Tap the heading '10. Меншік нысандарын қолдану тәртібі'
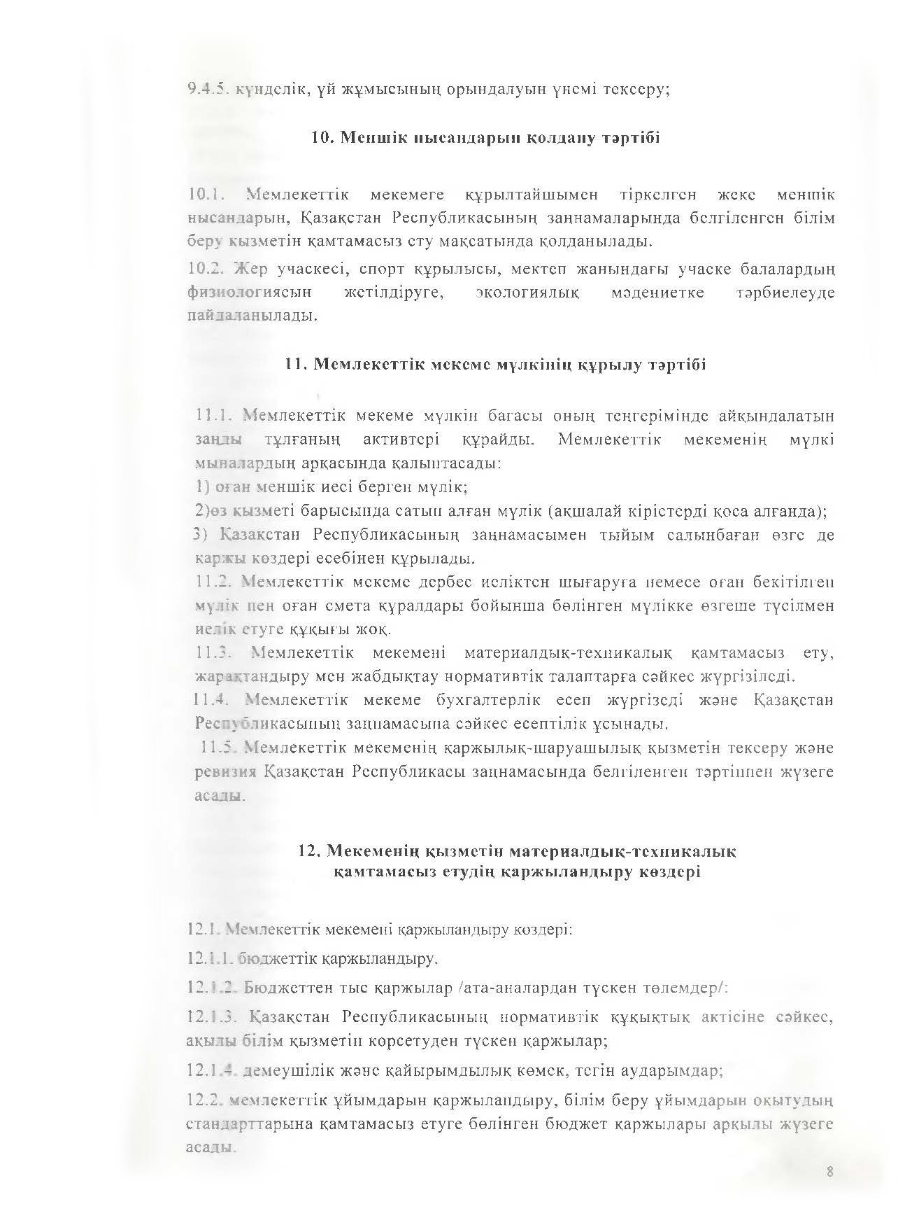tap(485, 138)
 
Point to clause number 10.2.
tap(208, 269)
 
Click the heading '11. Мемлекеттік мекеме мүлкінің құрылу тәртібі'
tap(496, 365)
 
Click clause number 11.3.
tap(214, 653)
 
